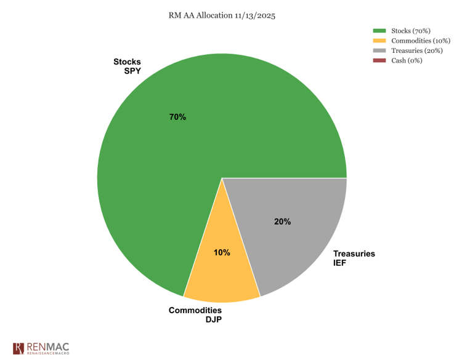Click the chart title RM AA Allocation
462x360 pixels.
coord(222,15)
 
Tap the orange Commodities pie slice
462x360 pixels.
coord(222,277)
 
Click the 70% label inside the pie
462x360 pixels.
coord(177,117)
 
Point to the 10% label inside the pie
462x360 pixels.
coord(222,252)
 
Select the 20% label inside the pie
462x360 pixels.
coord(282,222)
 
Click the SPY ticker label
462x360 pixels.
coord(132,71)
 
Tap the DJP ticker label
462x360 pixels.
coord(213,319)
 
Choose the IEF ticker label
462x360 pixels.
coord(341,263)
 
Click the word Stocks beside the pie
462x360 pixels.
coord(127,62)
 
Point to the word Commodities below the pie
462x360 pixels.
coord(195,310)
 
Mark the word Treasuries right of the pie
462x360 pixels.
coord(354,254)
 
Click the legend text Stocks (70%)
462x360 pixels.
coord(410,31)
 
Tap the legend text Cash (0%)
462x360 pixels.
coord(407,60)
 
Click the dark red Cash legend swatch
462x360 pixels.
coord(379,60)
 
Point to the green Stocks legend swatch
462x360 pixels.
coord(379,31)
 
